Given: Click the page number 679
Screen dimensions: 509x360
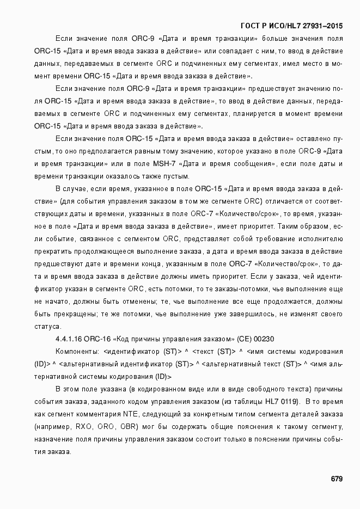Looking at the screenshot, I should [336, 479].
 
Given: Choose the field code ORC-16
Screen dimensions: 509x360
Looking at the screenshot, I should [98, 339].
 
